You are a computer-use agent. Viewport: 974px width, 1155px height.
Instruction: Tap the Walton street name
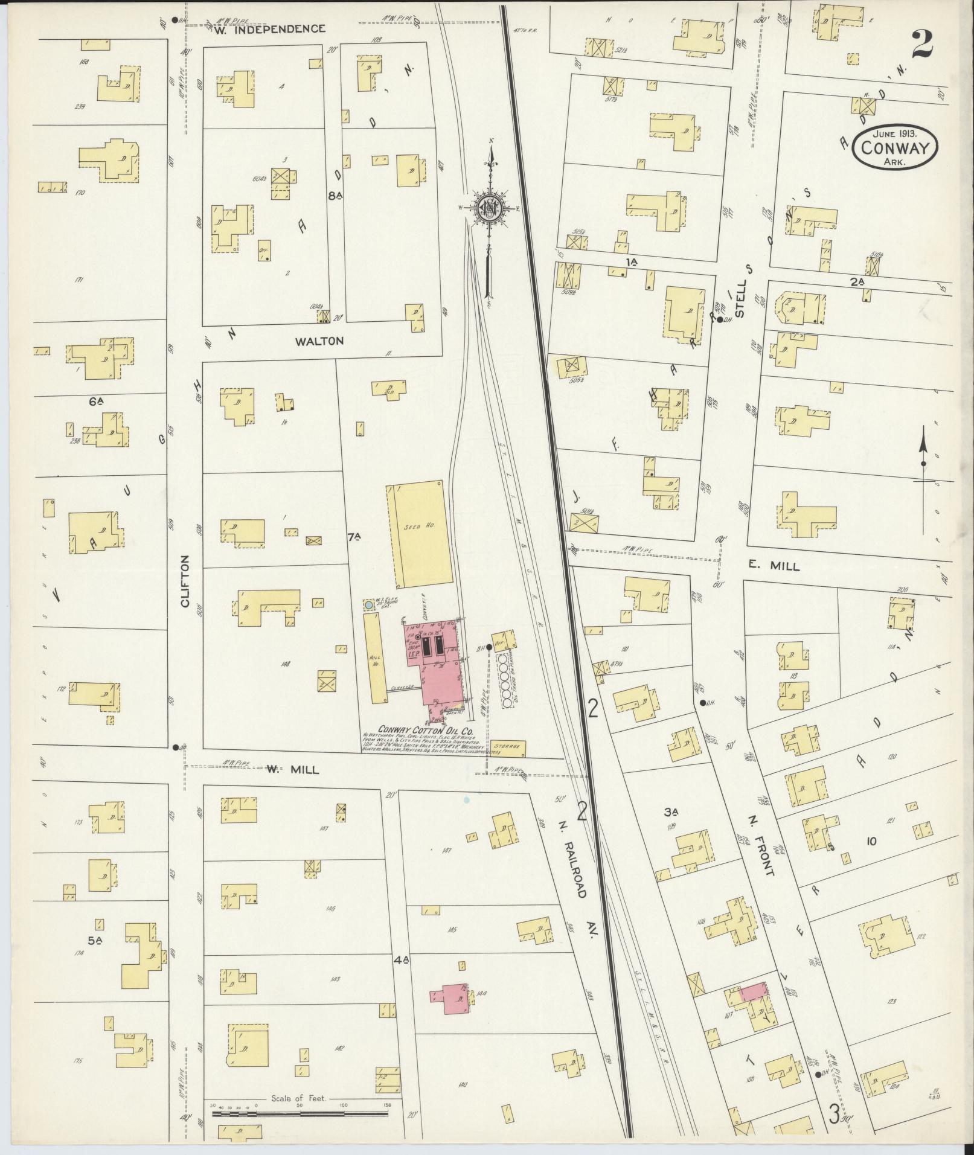tap(319, 341)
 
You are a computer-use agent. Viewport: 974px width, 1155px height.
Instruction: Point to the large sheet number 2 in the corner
tap(923, 43)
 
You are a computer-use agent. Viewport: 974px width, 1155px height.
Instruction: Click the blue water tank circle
tap(368, 604)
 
